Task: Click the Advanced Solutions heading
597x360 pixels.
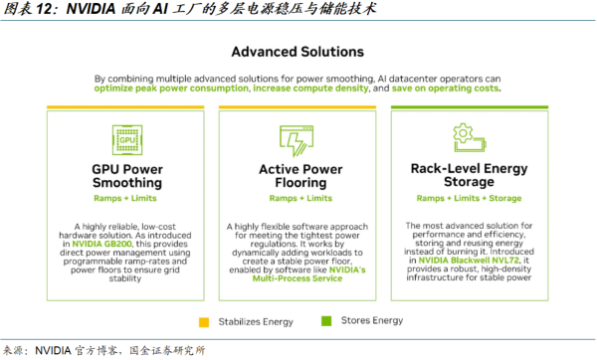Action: [x=298, y=52]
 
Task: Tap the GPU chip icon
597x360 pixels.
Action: [x=127, y=139]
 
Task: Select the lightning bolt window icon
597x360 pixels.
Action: [x=297, y=141]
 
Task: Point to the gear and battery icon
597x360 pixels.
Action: [x=470, y=138]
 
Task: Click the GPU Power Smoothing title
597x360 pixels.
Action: [x=127, y=176]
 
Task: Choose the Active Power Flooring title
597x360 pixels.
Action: [x=300, y=176]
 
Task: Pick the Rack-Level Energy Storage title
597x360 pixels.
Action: [x=469, y=175]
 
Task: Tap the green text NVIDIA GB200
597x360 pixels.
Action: [x=101, y=244]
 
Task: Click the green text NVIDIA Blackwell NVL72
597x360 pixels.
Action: [x=469, y=261]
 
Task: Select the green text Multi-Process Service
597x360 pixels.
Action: [x=298, y=278]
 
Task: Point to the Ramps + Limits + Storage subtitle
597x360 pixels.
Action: [x=469, y=198]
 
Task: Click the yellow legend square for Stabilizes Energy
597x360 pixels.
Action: [x=204, y=322]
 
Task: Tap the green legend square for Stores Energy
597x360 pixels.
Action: [x=326, y=321]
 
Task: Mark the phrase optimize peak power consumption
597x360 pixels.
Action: [x=171, y=89]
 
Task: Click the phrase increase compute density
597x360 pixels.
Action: [x=310, y=89]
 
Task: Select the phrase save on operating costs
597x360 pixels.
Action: [x=445, y=89]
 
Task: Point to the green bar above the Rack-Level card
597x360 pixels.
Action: [x=470, y=107]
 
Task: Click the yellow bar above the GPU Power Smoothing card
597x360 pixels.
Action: [x=125, y=107]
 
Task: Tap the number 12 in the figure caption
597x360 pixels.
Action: [x=44, y=9]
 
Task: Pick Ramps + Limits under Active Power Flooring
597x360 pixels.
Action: [x=300, y=198]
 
